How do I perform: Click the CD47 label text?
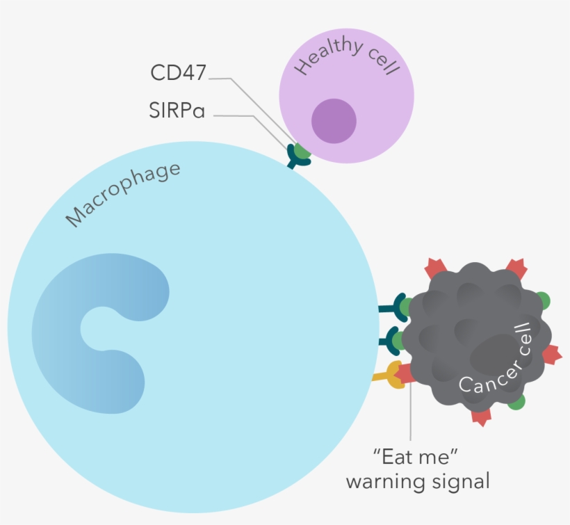[179, 73]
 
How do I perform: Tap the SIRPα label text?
[177, 110]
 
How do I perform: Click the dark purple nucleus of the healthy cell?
[334, 120]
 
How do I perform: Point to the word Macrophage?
[123, 195]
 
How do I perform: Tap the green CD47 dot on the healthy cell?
[302, 150]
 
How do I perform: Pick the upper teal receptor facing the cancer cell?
[395, 307]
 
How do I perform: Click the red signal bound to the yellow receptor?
[406, 373]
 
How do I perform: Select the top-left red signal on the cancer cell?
[434, 267]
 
